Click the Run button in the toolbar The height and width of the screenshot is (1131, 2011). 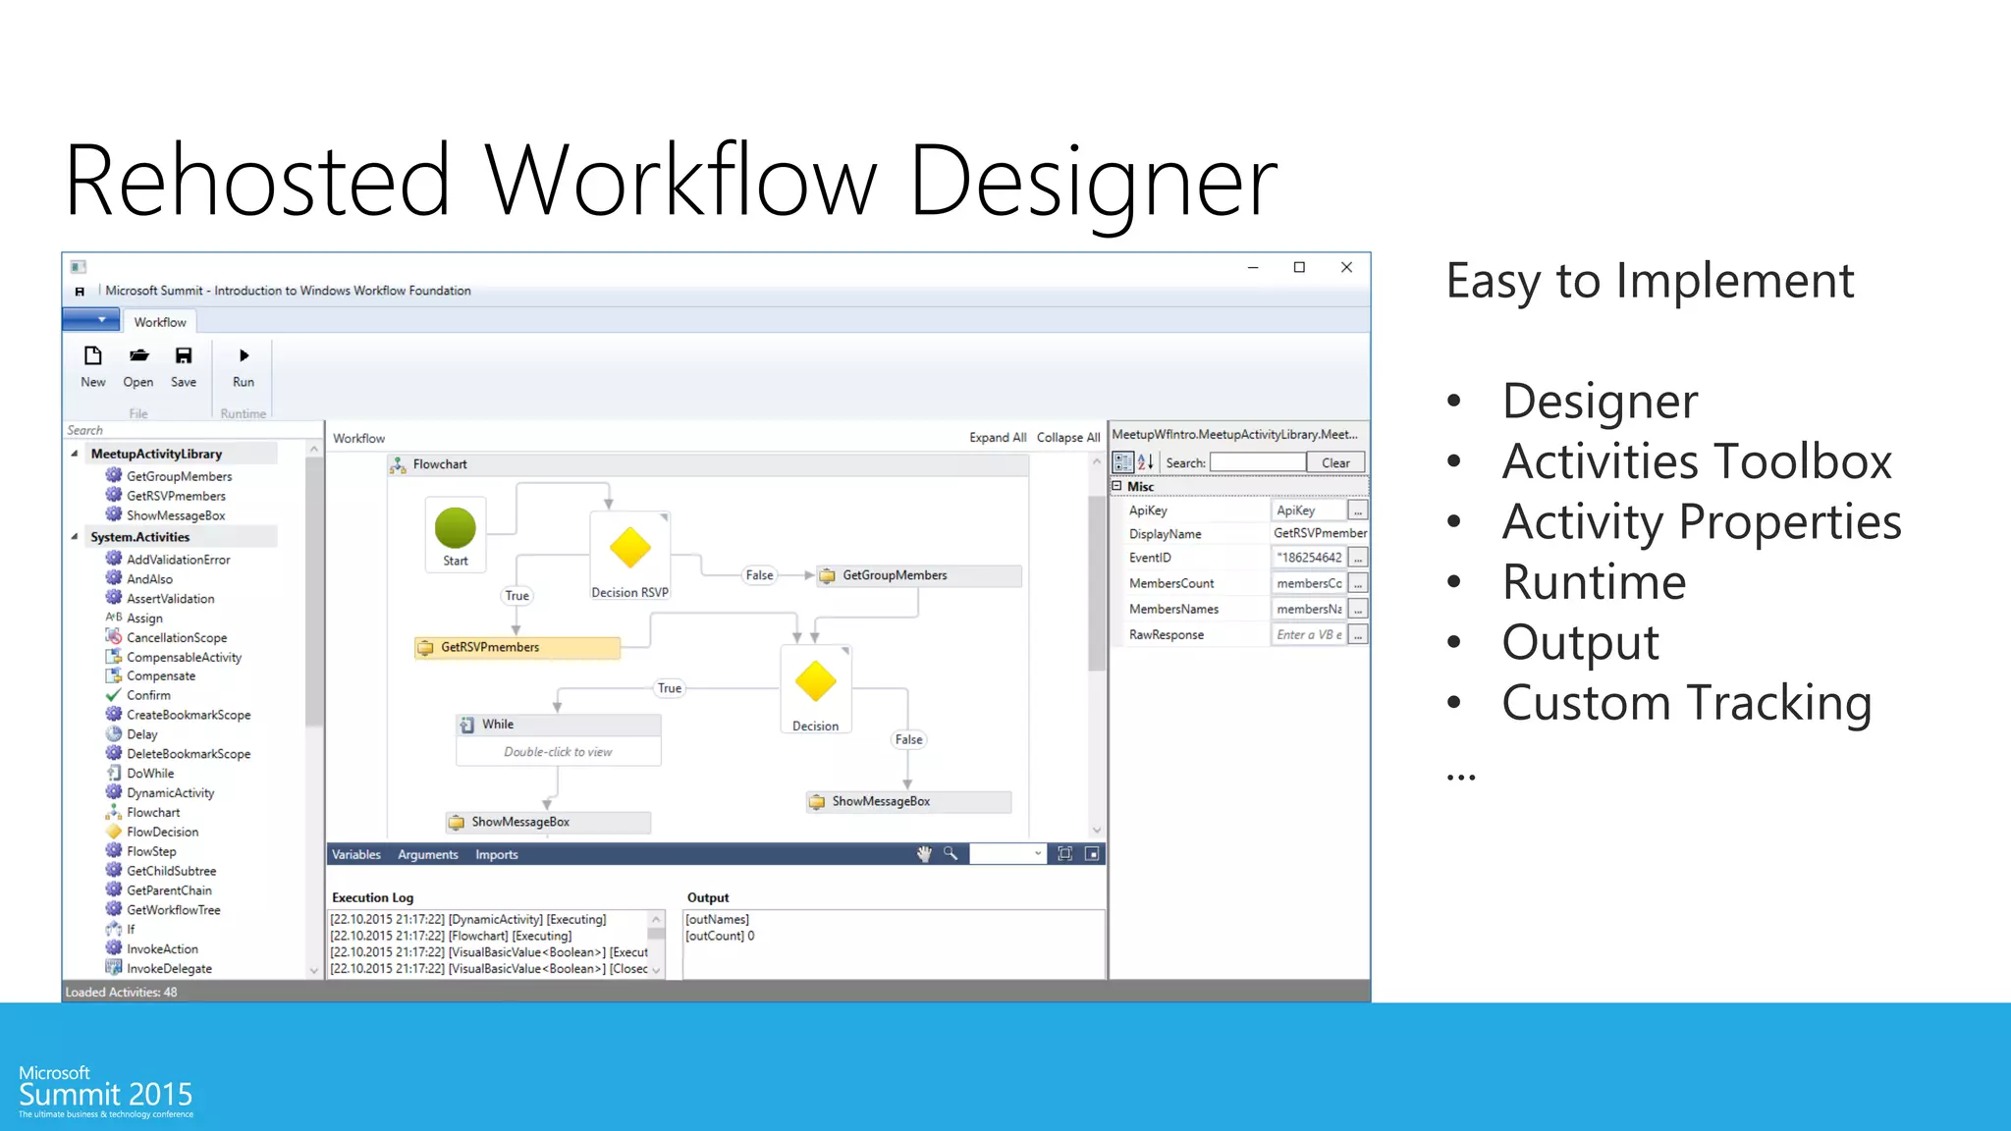tap(244, 366)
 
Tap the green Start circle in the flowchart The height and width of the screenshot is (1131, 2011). tap(455, 527)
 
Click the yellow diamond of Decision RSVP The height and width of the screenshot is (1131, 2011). tap(629, 548)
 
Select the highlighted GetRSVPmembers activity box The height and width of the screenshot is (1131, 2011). tap(517, 647)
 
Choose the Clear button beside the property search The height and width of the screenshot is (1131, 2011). tap(1334, 462)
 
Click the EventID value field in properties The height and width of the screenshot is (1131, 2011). tap(1309, 558)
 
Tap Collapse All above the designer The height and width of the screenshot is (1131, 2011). tap(1067, 438)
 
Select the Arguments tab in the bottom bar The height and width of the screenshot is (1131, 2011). tap(427, 854)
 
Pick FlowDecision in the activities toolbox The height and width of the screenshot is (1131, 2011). tap(162, 832)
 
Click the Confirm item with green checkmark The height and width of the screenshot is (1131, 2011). tap(147, 695)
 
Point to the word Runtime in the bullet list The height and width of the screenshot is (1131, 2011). tap(1594, 582)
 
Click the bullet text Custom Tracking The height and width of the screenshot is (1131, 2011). tap(1686, 703)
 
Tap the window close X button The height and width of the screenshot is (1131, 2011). tap(1346, 267)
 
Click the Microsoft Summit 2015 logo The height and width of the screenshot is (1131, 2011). tap(105, 1091)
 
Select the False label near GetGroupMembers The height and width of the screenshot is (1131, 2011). tap(759, 575)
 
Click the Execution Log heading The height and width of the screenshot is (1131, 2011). tap(372, 897)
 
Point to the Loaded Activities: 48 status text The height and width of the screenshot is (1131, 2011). tap(121, 992)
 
